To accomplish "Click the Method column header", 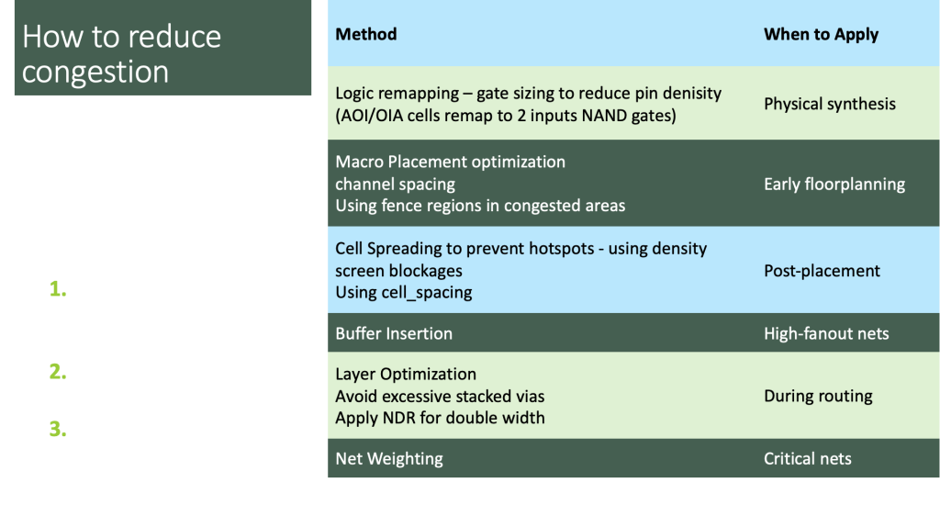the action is [365, 34].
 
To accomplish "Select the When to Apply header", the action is [821, 35].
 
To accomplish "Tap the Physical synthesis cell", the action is [830, 105].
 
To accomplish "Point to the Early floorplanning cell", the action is [834, 185].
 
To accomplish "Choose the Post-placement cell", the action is [822, 271].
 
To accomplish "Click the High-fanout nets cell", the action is [826, 334].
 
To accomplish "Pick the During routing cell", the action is [818, 396].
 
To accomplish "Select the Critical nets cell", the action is [808, 459].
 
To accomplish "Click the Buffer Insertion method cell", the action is [394, 334].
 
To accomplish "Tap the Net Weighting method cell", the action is [389, 459].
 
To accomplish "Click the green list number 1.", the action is [58, 289].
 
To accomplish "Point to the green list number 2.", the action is [58, 372].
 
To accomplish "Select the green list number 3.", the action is [58, 429].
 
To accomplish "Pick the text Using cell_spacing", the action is [404, 293].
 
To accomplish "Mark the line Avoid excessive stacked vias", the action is [440, 397].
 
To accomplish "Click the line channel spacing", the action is [395, 185].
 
